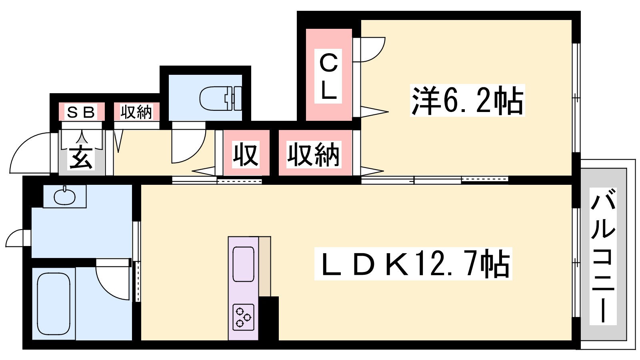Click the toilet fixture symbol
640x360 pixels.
tap(220, 98)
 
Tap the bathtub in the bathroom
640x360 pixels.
tap(54, 304)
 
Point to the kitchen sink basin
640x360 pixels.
tap(244, 264)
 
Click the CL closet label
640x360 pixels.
tap(328, 76)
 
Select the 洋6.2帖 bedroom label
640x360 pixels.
tap(468, 100)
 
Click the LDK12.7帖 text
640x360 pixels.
tap(413, 264)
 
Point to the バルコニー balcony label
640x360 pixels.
tap(603, 256)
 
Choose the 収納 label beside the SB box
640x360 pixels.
tap(136, 112)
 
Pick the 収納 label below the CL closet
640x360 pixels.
tap(314, 154)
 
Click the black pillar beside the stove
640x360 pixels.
tap(268, 318)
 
